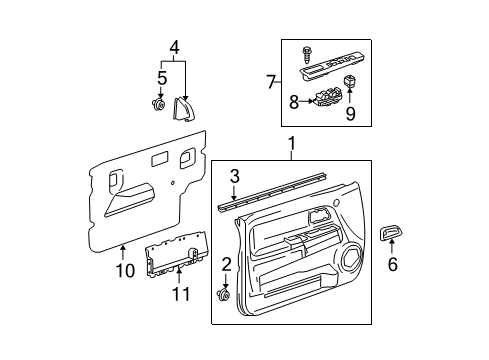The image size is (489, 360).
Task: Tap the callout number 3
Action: coord(234,178)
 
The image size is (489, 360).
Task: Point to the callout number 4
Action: coord(174,46)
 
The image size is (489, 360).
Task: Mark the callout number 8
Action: coord(294,100)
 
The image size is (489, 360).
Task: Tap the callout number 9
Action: coord(349,114)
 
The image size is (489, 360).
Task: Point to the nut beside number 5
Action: coord(159,103)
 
